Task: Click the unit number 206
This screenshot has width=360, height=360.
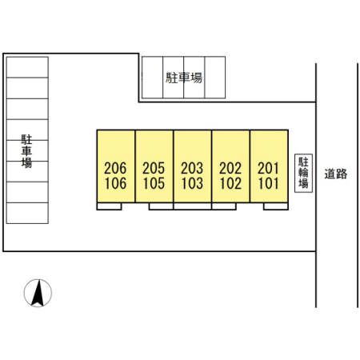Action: pos(115,168)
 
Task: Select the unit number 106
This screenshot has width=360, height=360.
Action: pos(115,183)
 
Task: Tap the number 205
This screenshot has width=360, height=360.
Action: pos(154,168)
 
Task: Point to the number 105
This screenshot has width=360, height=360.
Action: pos(154,183)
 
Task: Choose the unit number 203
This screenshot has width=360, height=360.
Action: pos(192,168)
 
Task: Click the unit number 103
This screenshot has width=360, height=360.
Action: pos(192,183)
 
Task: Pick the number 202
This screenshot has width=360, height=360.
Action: pos(230,168)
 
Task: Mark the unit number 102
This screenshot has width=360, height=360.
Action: pos(230,183)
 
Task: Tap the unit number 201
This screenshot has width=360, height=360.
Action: pos(268,168)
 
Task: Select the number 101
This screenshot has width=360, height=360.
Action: pos(268,183)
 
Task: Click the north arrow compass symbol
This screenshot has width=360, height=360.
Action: pos(38,293)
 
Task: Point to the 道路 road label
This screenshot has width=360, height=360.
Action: pos(336,174)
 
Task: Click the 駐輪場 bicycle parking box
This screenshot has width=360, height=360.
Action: pos(303,173)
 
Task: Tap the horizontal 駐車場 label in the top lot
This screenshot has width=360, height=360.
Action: pos(184,78)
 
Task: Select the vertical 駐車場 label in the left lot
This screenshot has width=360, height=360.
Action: pos(26,151)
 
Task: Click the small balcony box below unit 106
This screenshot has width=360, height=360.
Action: pos(110,206)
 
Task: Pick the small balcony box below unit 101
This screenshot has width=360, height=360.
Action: pos(276,206)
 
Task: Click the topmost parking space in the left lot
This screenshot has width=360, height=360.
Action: pos(27,67)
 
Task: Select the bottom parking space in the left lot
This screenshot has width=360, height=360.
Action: pos(27,213)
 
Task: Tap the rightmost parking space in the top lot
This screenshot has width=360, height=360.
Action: pos(215,78)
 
